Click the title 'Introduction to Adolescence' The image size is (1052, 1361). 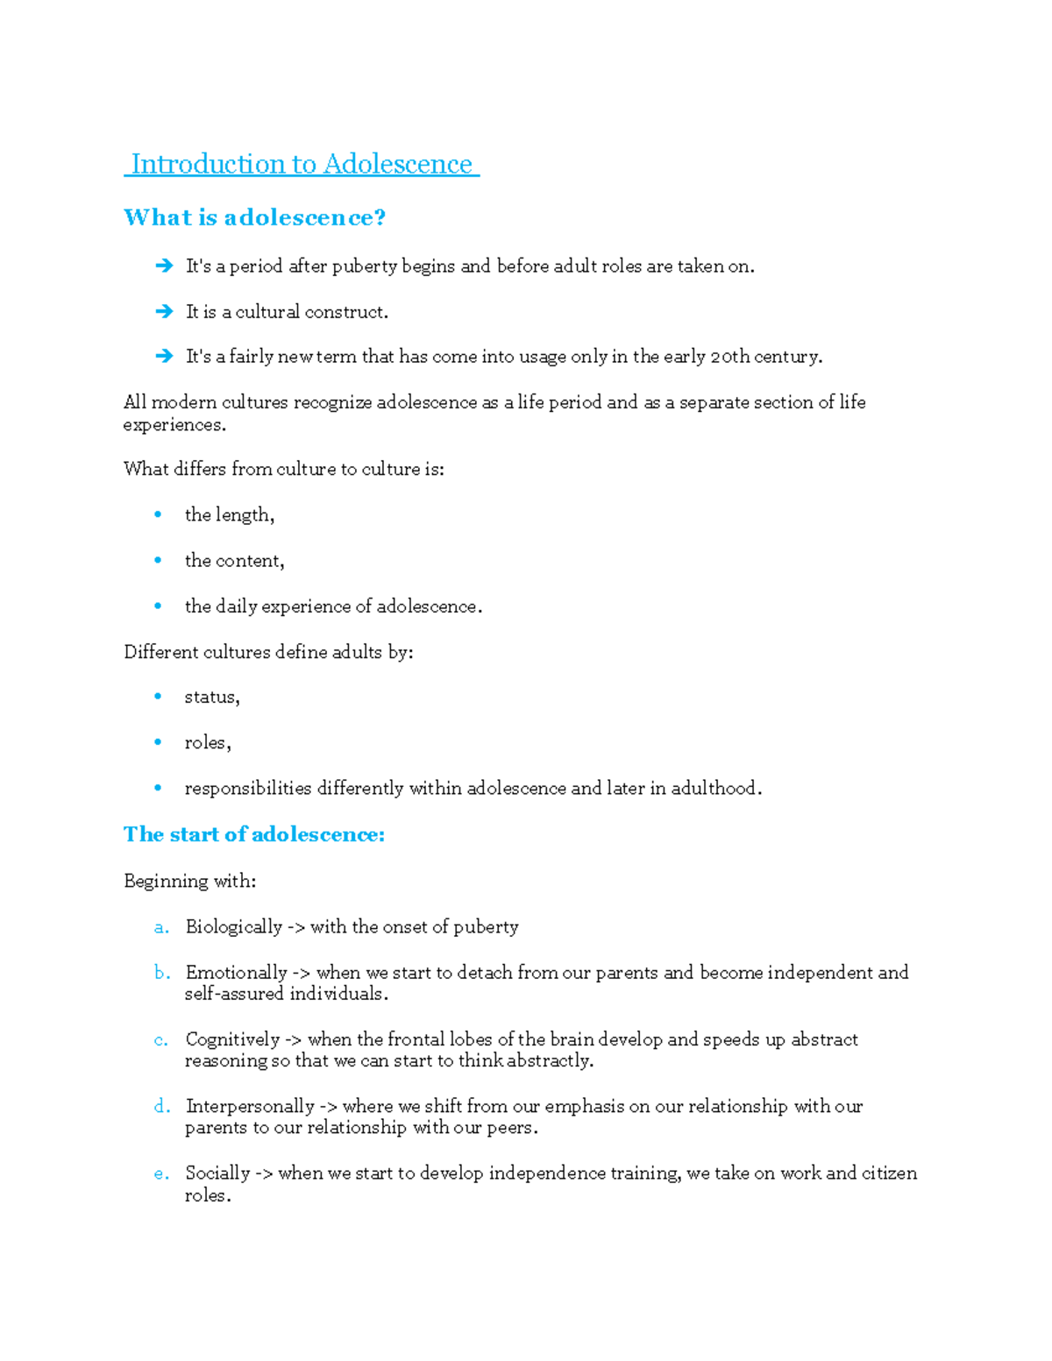302,164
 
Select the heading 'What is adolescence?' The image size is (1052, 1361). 254,217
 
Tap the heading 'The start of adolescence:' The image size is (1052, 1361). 254,834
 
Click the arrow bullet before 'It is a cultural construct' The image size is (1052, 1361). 164,311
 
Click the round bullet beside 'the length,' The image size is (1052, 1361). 158,514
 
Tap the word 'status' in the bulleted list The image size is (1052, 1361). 210,698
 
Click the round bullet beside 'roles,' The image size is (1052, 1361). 158,742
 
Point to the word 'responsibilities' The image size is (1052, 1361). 247,789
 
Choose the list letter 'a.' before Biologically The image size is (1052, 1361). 161,927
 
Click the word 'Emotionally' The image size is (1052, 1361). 236,973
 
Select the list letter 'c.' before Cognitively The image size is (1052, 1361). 161,1040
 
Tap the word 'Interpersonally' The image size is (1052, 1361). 250,1107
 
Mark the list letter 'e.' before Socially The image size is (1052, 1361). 161,1173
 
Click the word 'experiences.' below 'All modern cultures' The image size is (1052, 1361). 174,426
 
